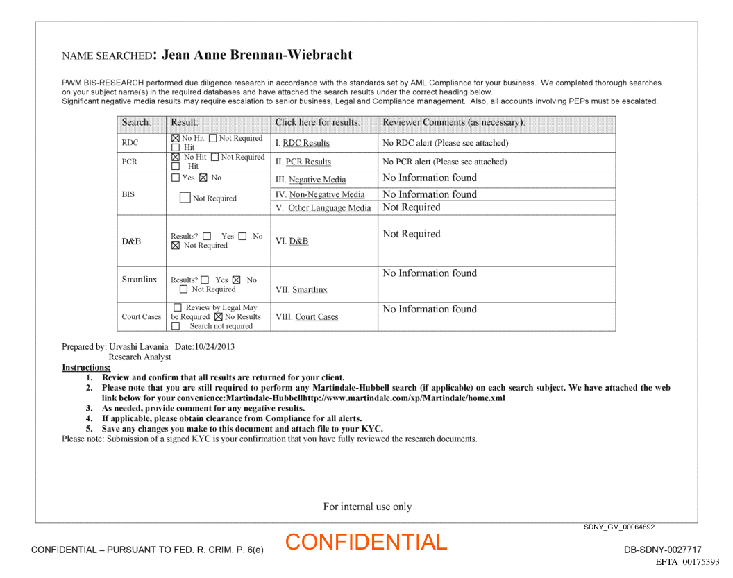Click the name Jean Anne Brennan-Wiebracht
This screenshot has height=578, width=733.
(x=257, y=55)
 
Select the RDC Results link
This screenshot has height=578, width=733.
(x=305, y=143)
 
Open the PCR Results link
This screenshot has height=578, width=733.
(x=308, y=162)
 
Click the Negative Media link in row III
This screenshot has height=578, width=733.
(x=317, y=180)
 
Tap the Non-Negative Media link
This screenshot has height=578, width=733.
(x=326, y=194)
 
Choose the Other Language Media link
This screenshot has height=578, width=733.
(x=329, y=207)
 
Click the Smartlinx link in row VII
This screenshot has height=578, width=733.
(x=310, y=289)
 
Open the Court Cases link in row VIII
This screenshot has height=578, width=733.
(x=317, y=317)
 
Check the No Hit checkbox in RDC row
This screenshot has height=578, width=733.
(x=176, y=139)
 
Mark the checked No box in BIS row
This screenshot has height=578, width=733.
(x=203, y=178)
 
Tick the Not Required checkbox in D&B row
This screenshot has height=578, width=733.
(x=176, y=246)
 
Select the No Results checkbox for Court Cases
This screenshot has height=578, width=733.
(x=219, y=317)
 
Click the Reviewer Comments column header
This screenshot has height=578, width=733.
(x=453, y=123)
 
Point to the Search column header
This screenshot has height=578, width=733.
(x=136, y=123)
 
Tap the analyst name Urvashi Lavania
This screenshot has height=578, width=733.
(x=140, y=346)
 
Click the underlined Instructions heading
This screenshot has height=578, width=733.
(x=86, y=367)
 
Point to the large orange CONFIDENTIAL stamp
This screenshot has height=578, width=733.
(x=366, y=542)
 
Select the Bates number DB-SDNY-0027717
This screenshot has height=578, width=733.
(x=662, y=550)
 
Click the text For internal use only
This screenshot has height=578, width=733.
(x=367, y=507)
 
